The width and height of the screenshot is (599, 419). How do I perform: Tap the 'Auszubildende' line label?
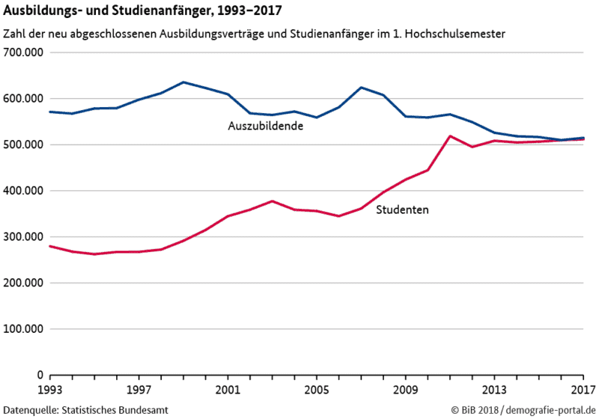(265, 126)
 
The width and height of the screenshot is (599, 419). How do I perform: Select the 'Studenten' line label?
(402, 210)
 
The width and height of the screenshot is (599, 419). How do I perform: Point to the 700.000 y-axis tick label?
(25, 53)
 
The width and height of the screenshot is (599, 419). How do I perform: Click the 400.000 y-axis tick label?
(25, 191)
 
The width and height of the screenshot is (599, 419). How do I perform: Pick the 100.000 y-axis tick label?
(25, 329)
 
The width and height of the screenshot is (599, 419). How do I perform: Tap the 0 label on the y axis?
(40, 375)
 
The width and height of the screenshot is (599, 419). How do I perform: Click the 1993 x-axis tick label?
(50, 390)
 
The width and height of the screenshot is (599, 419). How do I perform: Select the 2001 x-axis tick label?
(228, 390)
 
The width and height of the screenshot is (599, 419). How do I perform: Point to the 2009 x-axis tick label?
(405, 390)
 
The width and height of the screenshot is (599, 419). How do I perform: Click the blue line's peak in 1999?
(183, 82)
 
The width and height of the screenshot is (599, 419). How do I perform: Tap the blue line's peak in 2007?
(361, 88)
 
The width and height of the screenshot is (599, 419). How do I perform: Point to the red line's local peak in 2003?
(272, 201)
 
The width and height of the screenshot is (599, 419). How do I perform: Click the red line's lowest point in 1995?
(94, 254)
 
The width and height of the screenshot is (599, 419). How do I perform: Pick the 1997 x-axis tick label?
(139, 390)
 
